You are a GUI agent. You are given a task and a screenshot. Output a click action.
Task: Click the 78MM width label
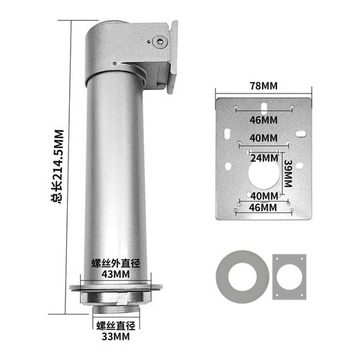[264, 86]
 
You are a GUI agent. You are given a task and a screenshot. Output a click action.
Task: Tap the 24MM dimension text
[264, 158]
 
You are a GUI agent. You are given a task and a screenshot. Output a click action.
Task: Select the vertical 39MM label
[288, 174]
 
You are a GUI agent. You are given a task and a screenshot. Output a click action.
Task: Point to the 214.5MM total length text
[59, 166]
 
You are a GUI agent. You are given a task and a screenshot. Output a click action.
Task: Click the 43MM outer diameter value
[116, 274]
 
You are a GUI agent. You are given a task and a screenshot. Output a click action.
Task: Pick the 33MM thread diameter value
[116, 336]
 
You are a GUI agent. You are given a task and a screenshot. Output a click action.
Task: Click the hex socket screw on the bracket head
[160, 42]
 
